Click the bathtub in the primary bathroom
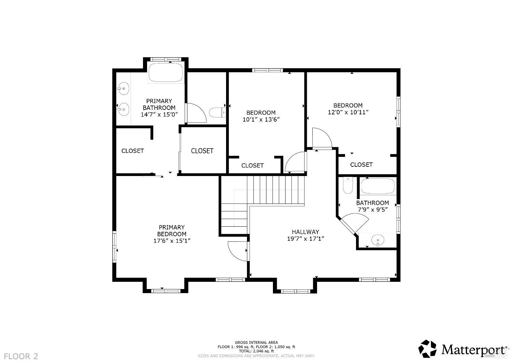click(166, 72)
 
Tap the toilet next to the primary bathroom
click(217, 113)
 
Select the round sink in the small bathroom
click(378, 240)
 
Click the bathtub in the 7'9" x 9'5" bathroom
click(378, 186)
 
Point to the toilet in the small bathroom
click(348, 186)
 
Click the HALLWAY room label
click(305, 232)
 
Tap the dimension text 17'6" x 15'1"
click(172, 241)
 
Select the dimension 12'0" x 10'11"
click(348, 112)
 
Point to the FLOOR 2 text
click(21, 356)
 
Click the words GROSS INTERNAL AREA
click(256, 342)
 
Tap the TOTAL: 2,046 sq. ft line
click(256, 351)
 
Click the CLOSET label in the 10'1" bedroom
click(252, 165)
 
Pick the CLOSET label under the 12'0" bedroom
click(361, 164)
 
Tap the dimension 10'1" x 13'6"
click(261, 119)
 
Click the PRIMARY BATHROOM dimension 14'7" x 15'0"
click(159, 114)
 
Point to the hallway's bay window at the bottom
click(295, 291)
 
